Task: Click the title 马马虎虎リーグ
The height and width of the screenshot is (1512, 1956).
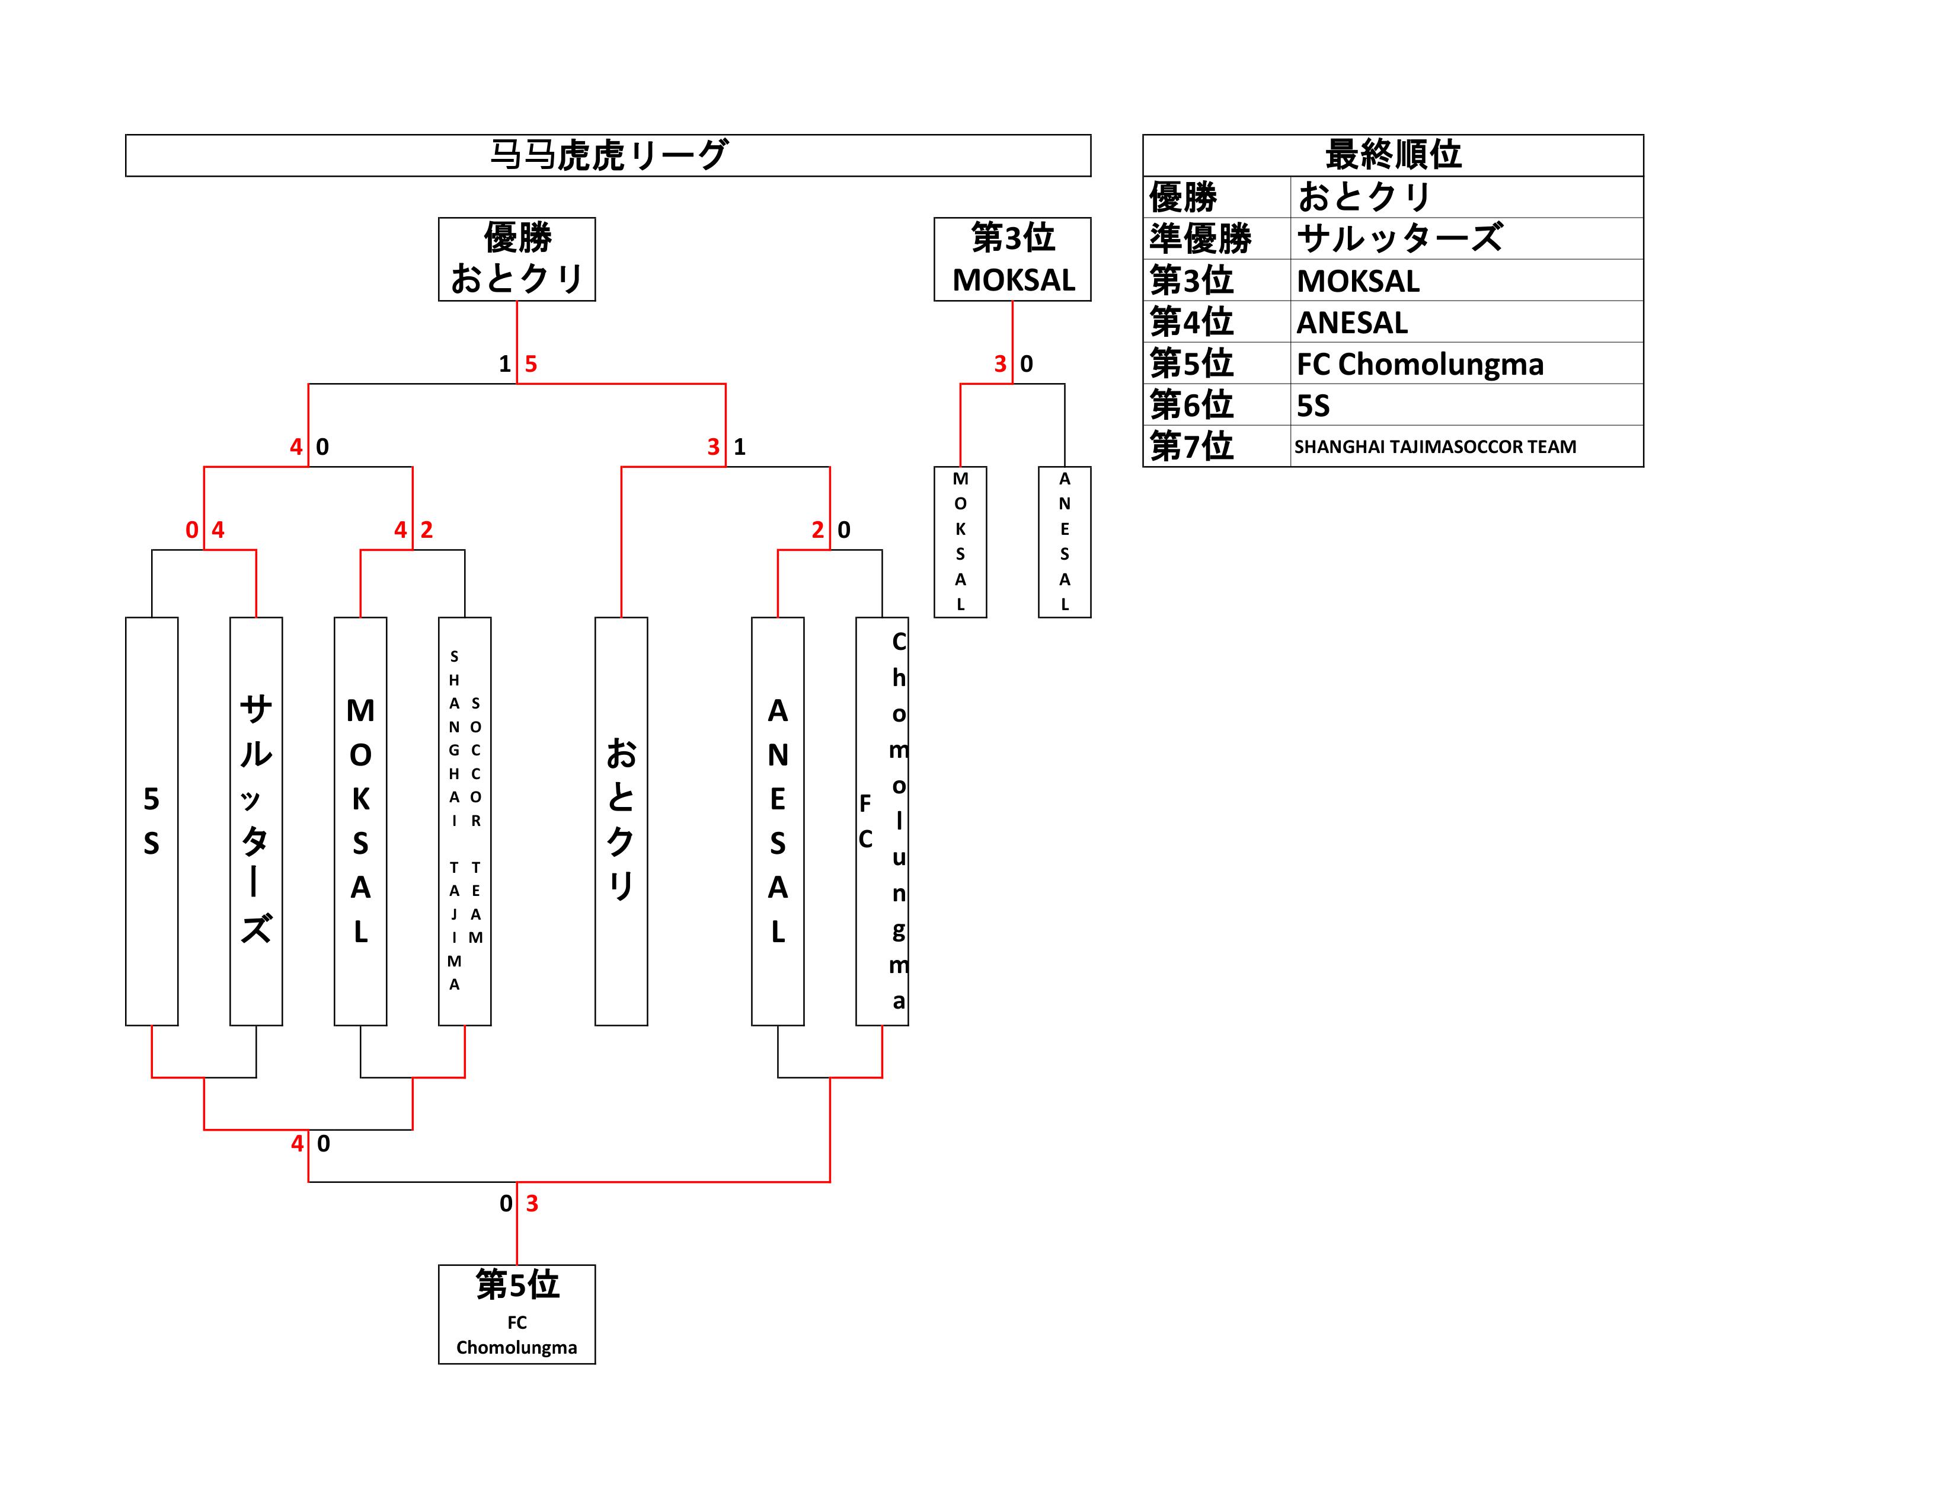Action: click(x=608, y=155)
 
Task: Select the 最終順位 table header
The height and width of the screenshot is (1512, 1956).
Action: click(x=1393, y=155)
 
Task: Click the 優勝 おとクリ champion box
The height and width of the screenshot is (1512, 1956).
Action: click(x=517, y=259)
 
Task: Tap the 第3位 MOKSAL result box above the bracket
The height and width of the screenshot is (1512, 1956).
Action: click(x=1012, y=259)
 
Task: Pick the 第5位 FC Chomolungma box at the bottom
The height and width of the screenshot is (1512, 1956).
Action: click(x=517, y=1314)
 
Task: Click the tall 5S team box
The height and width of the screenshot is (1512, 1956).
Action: click(x=151, y=821)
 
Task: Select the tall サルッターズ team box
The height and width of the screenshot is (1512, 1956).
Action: click(x=256, y=821)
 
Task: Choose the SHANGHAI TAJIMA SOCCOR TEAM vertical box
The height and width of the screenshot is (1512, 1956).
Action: click(x=465, y=821)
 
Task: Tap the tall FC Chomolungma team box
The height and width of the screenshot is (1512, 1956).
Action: click(x=882, y=821)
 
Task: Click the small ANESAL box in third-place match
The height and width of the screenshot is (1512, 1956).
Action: click(x=1064, y=542)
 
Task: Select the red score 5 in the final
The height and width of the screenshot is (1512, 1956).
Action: click(x=531, y=363)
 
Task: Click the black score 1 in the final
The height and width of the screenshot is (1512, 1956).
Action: click(x=504, y=363)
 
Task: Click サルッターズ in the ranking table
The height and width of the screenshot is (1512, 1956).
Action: click(x=1399, y=238)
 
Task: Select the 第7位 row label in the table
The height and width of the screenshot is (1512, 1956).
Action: click(x=1191, y=446)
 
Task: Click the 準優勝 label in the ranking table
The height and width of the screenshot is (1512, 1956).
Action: click(x=1200, y=238)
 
